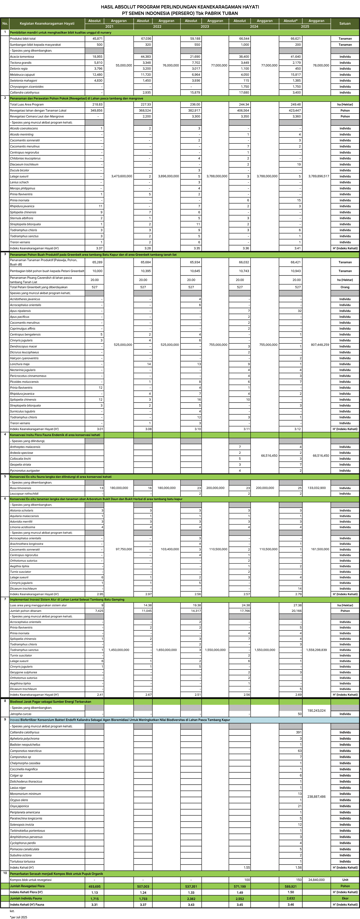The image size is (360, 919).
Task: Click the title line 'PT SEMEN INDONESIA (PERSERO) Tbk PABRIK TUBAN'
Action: pos(180,13)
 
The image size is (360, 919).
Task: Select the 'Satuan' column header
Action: pos(345,24)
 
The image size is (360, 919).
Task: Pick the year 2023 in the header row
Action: pos(204,26)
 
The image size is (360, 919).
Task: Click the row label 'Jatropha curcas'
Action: pos(21,714)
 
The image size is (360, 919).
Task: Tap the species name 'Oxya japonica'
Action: pos(19,806)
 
